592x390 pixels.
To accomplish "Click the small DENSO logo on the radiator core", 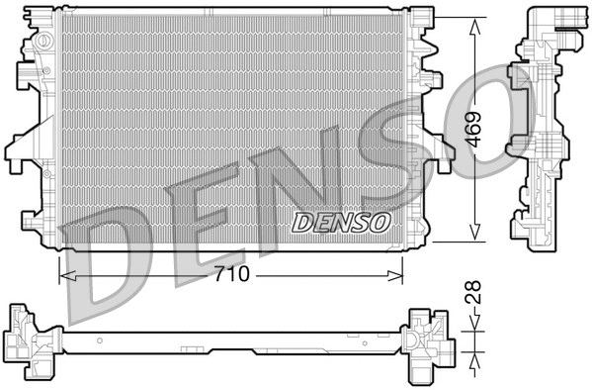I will [x=341, y=222].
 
